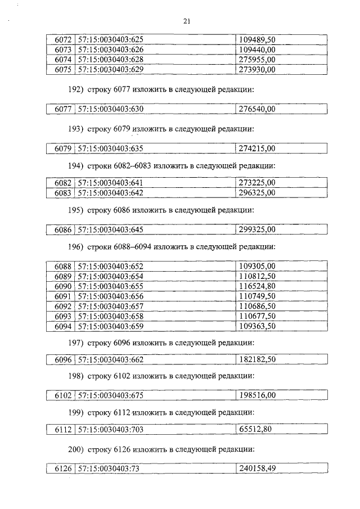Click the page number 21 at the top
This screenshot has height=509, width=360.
pyautogui.click(x=187, y=21)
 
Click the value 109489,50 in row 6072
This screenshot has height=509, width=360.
pyautogui.click(x=257, y=40)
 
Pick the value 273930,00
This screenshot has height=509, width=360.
pyautogui.click(x=257, y=69)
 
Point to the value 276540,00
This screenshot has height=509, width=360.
pyautogui.click(x=257, y=109)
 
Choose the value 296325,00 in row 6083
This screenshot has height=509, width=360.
pyautogui.click(x=257, y=193)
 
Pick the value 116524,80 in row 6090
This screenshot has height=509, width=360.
pyautogui.click(x=257, y=286)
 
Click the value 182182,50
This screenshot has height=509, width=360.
pyautogui.click(x=257, y=359)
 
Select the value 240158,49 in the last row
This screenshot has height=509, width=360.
pyautogui.click(x=257, y=469)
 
